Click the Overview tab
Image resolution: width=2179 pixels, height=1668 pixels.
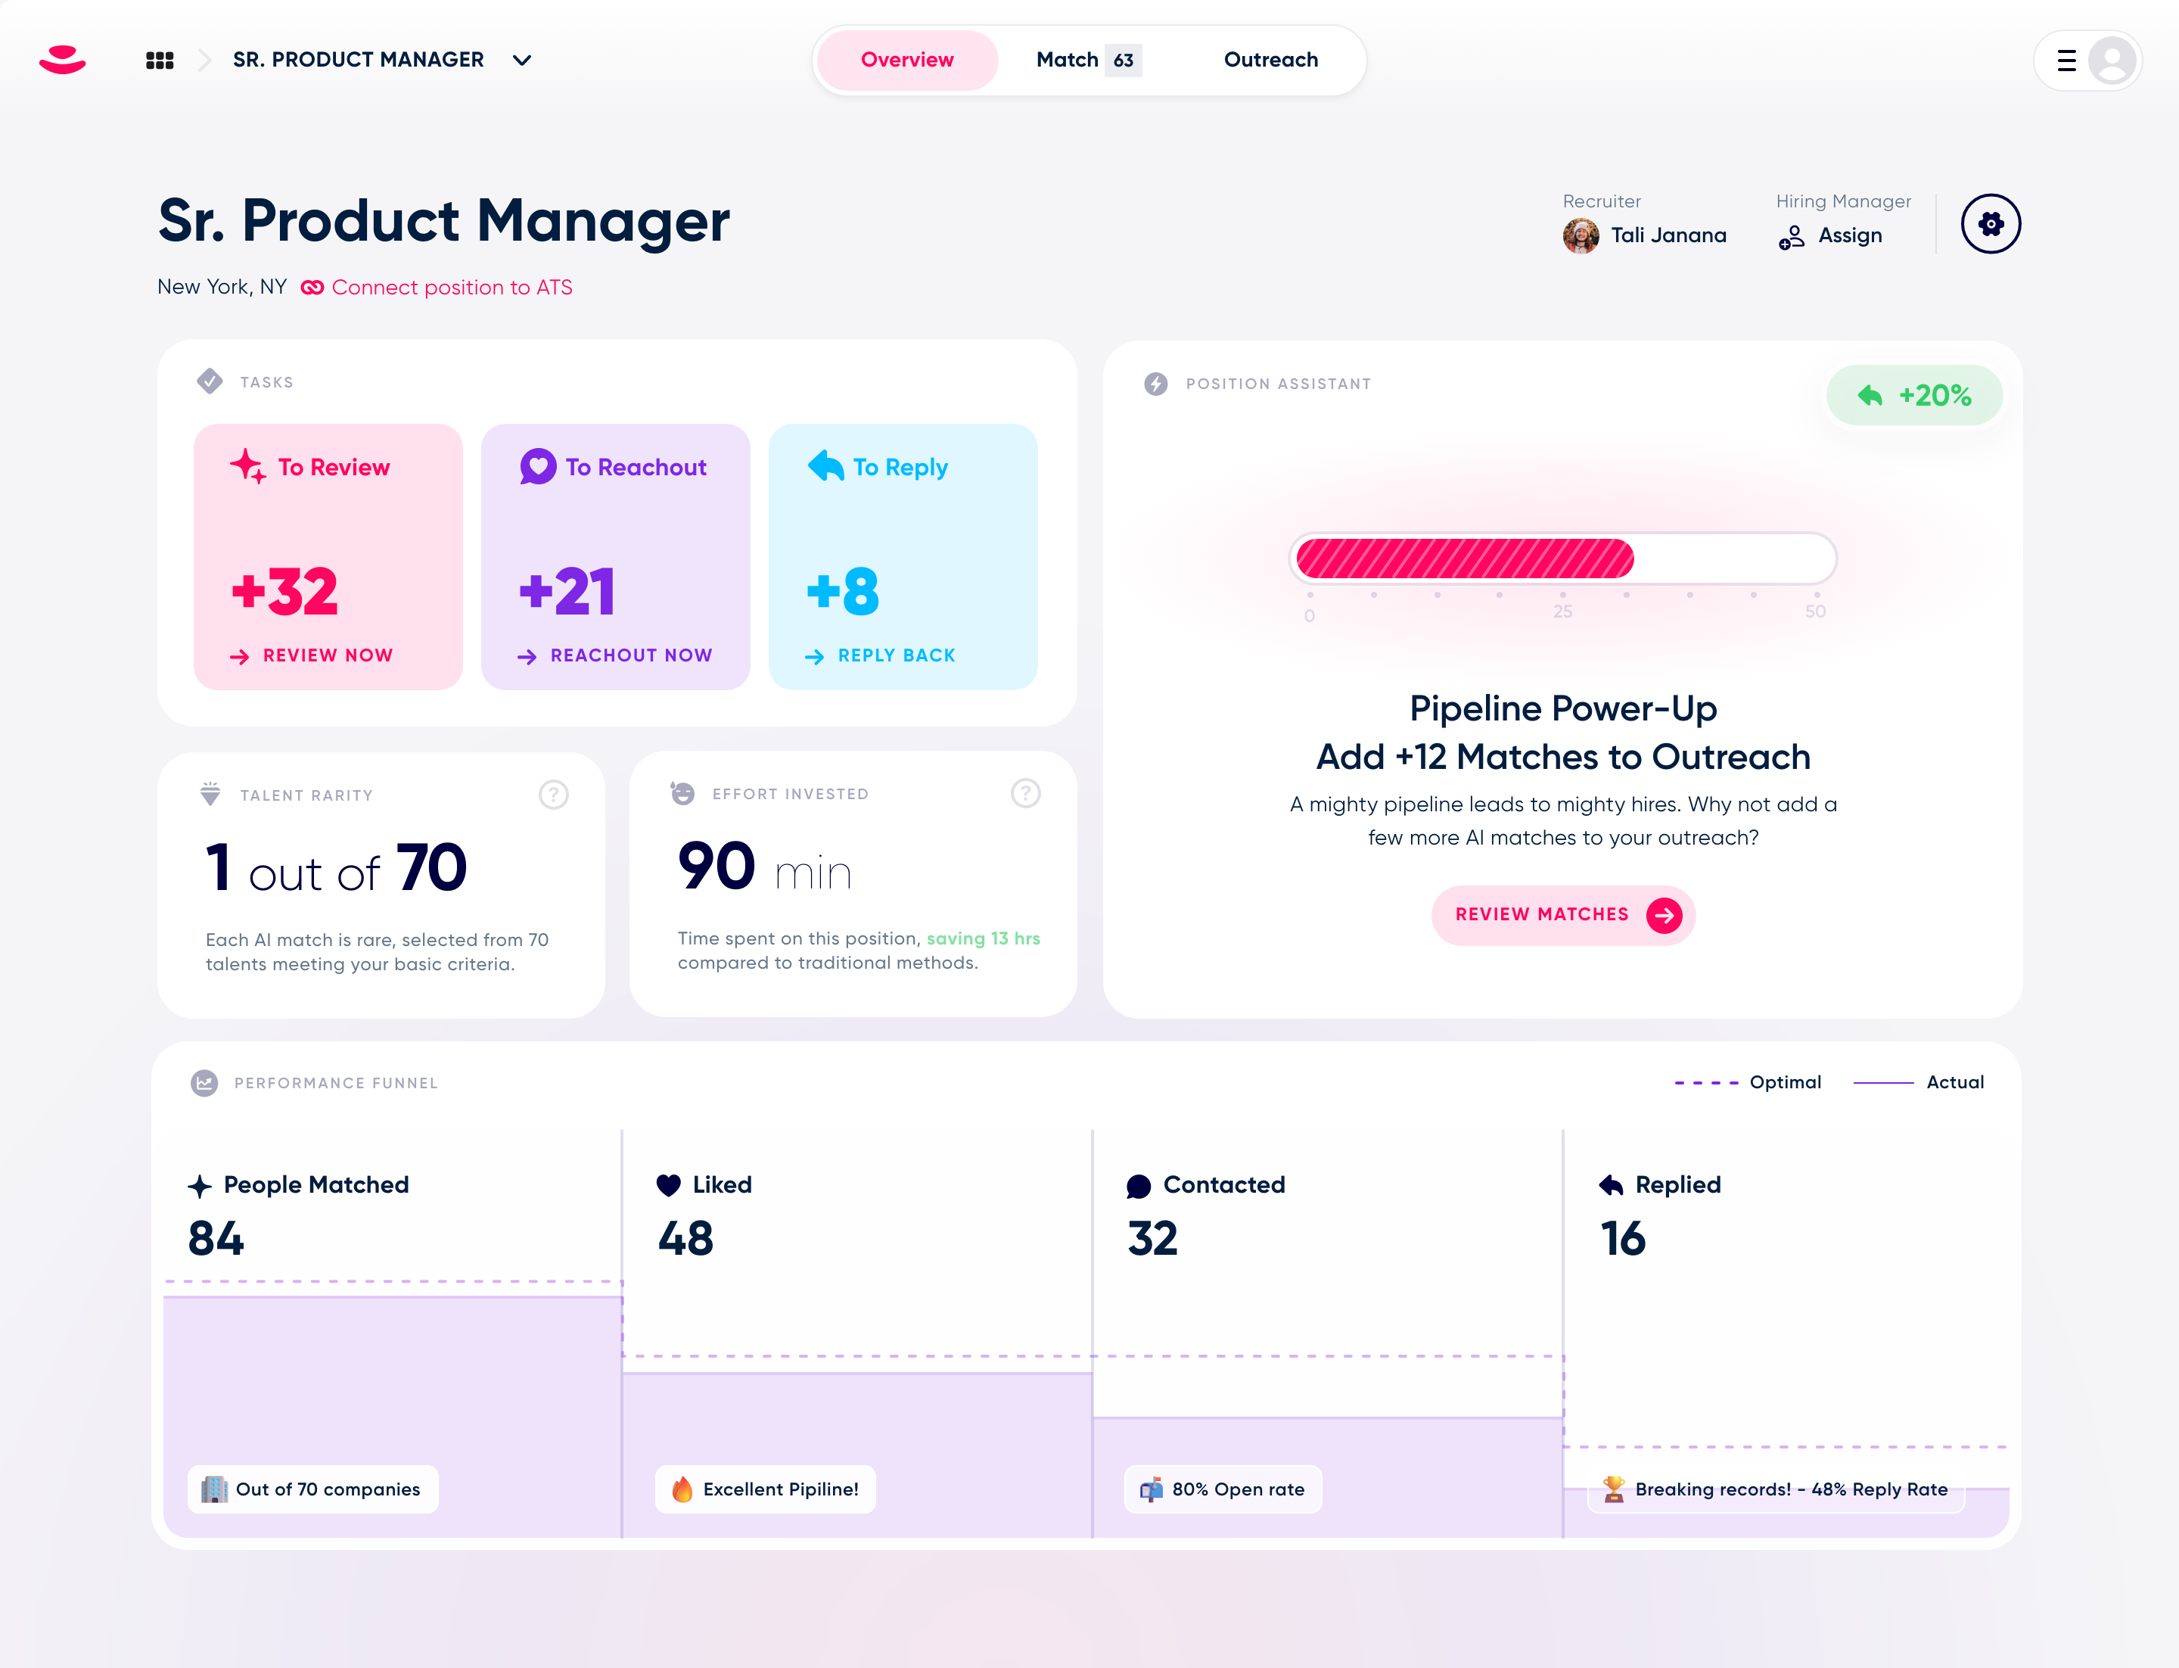(906, 60)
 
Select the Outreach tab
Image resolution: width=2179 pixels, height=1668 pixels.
(1270, 60)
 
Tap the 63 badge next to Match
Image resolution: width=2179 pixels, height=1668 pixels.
(1123, 61)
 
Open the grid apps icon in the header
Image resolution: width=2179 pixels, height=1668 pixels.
(160, 61)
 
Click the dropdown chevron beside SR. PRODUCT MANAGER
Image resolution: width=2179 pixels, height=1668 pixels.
(521, 61)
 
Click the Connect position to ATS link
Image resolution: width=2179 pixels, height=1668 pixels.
(451, 287)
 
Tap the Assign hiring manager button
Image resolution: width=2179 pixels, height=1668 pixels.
(1832, 236)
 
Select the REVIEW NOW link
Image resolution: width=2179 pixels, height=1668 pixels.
(327, 655)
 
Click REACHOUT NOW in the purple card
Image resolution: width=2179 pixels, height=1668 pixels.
(630, 655)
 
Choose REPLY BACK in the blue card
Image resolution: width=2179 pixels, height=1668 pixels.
(895, 655)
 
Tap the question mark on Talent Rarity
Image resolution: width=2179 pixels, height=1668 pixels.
(553, 795)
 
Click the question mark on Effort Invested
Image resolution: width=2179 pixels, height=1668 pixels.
(1024, 793)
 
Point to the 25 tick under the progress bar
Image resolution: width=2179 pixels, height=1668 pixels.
(1562, 611)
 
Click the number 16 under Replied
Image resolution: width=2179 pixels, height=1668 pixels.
(1622, 1238)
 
